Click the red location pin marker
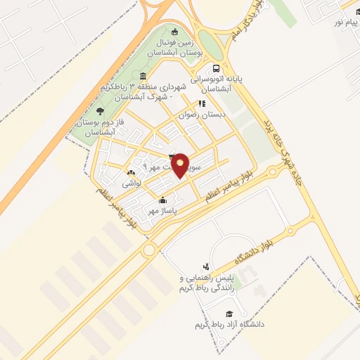point(181,165)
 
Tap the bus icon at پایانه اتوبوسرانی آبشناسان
point(216,69)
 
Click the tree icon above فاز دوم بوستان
point(100,110)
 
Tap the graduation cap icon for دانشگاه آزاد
point(228,313)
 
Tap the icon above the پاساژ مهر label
point(163,200)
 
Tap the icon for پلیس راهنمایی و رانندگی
point(205,266)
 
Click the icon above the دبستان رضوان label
point(202,103)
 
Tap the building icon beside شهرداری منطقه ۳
point(143,76)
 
